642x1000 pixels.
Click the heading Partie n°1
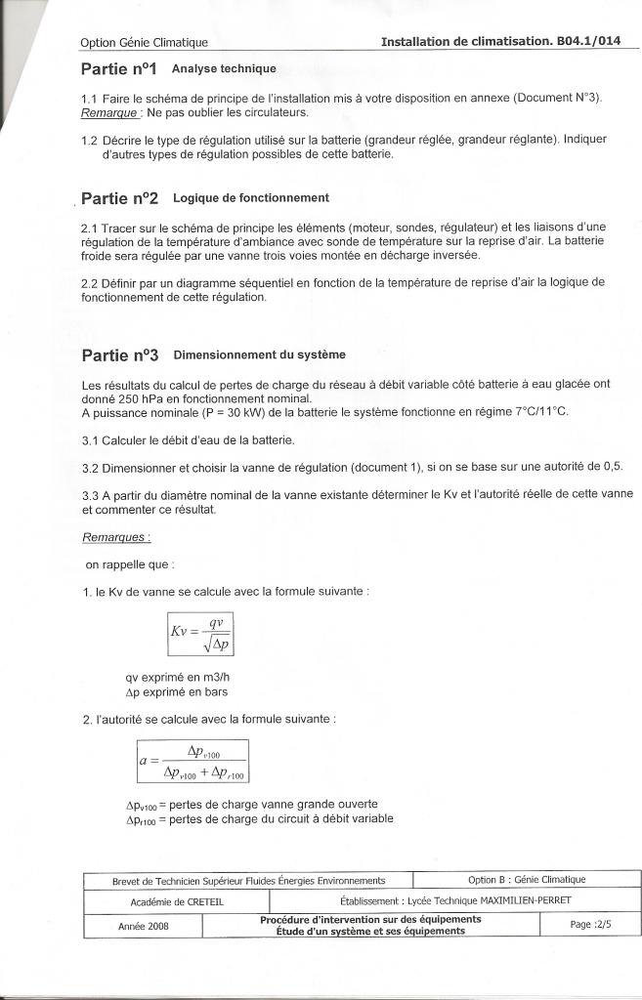click(x=119, y=69)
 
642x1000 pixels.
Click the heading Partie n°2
click(x=120, y=198)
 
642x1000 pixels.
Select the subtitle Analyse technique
click(x=224, y=69)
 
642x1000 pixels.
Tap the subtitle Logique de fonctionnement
click(x=250, y=198)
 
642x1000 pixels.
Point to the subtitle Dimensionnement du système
click(x=258, y=354)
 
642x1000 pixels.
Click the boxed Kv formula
click(x=201, y=635)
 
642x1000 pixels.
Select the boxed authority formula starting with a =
click(x=193, y=761)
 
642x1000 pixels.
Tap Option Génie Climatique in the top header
click(x=144, y=43)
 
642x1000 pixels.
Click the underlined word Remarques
click(x=116, y=538)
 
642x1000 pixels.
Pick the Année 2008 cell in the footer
click(x=144, y=926)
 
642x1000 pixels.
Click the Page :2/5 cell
click(x=589, y=925)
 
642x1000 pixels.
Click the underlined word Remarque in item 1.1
click(x=107, y=113)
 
